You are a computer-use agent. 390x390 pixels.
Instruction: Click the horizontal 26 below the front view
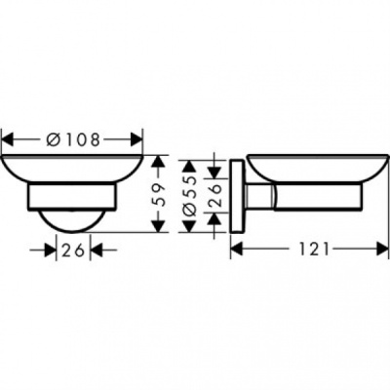72,250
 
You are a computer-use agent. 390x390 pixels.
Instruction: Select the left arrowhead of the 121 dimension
236,250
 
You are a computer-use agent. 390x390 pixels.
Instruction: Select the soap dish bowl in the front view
72,168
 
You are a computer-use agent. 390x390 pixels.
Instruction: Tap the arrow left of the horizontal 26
49,250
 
